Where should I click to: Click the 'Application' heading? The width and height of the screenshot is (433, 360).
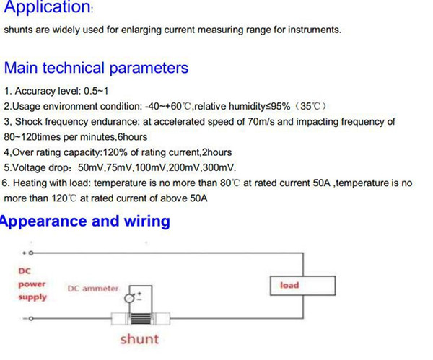[47, 6]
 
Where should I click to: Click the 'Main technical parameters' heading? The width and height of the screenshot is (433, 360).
[96, 68]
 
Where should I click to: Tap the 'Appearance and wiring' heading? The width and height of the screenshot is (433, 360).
[84, 221]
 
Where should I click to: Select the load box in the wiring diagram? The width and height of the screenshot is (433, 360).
[302, 286]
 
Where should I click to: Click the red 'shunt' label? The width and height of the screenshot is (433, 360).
[139, 339]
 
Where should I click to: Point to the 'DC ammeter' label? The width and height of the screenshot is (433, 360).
[93, 289]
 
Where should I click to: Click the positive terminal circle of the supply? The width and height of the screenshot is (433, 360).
[31, 253]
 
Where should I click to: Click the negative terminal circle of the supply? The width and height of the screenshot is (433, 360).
[31, 319]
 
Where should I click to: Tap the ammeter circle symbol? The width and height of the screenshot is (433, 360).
[128, 299]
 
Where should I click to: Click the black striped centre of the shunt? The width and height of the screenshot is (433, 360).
[141, 319]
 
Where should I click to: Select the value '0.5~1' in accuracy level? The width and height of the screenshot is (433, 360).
[96, 91]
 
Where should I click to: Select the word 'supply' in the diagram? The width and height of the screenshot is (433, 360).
[32, 297]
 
